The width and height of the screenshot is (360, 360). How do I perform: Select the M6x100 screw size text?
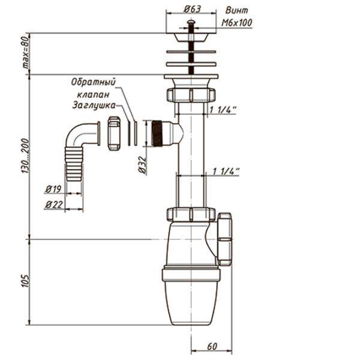tap(237, 23)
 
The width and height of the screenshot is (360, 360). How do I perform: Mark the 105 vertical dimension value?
tap(25, 281)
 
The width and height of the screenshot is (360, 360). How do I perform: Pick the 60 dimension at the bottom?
tap(211, 346)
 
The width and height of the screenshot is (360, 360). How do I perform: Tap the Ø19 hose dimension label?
tap(53, 190)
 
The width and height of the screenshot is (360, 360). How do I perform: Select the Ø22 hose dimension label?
tap(53, 205)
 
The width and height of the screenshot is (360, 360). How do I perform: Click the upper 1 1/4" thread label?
tap(224, 109)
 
